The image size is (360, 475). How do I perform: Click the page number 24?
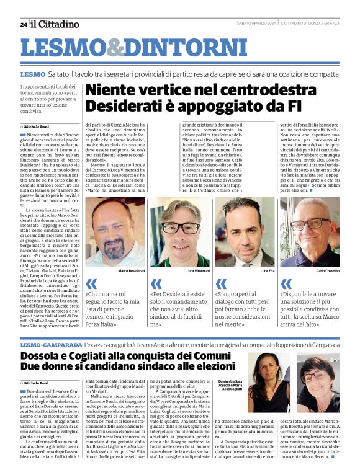24,25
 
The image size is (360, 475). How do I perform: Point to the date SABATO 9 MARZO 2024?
256,24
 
